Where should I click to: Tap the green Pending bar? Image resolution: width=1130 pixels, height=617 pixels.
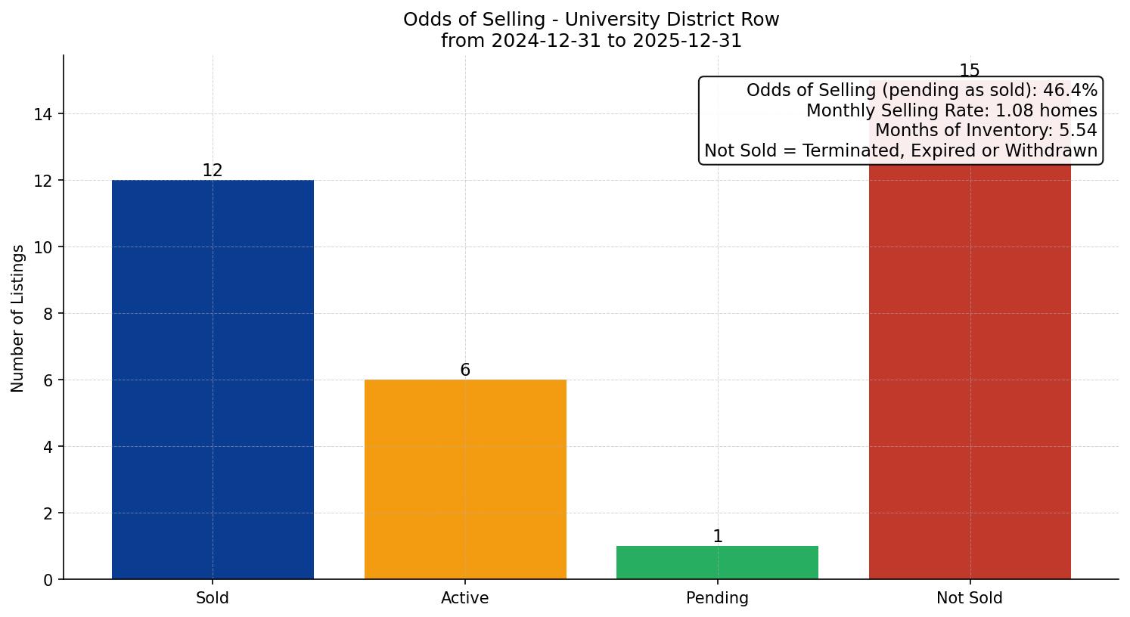pos(717,563)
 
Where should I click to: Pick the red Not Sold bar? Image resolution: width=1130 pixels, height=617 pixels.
pos(970,378)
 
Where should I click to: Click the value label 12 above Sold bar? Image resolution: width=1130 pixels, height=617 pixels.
pos(213,171)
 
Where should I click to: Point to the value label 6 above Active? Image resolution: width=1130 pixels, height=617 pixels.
pos(465,371)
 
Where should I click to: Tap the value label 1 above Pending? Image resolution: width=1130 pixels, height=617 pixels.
pos(717,537)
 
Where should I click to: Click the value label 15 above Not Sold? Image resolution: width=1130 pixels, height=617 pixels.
pos(970,71)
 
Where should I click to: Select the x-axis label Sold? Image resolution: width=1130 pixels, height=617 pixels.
pos(213,598)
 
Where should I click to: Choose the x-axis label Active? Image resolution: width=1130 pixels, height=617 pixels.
pos(465,598)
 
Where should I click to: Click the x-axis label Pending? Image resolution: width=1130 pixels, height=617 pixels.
pos(717,598)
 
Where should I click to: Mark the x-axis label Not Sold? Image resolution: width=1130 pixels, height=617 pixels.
pos(970,598)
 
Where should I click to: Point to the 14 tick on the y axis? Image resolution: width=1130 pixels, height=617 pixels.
pos(42,114)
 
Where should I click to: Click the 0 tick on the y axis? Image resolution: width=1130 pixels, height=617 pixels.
pos(48,580)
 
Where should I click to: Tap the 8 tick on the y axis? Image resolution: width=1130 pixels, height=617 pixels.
pos(48,314)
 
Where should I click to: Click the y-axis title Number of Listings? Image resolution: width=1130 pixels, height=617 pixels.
pos(18,318)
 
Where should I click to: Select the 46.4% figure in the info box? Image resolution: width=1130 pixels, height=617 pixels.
pos(1069,91)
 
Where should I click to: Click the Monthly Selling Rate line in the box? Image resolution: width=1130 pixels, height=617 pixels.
pos(951,110)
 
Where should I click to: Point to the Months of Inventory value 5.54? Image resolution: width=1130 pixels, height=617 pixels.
pos(1078,130)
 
